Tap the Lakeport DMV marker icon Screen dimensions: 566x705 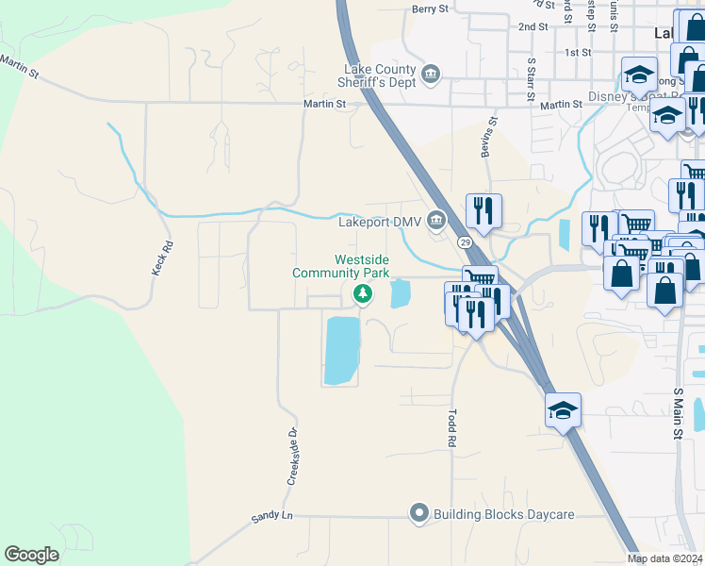tap(435, 222)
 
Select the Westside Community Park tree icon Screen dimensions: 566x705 tap(362, 295)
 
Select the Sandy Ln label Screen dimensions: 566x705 tap(272, 518)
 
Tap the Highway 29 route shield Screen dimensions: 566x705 tap(466, 242)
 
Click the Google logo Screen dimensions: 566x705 tap(31, 555)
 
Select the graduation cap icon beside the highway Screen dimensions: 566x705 tap(563, 410)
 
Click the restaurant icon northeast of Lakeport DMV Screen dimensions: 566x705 tap(484, 210)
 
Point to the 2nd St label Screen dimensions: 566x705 tap(533, 27)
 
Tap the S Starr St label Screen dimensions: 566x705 tap(531, 79)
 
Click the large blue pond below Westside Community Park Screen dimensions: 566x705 tap(342, 350)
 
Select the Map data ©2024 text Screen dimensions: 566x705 tap(665, 558)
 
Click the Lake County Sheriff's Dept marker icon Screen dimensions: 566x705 tap(431, 74)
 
